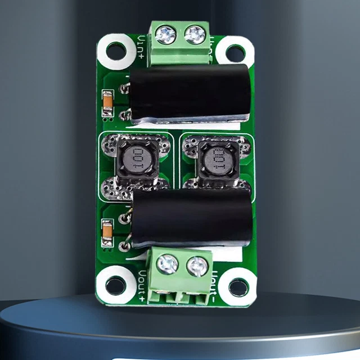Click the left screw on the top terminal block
166,35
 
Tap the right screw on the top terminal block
195,35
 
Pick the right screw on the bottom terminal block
197,266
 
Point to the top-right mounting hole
235,53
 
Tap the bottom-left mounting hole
115,286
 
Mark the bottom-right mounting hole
238,287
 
